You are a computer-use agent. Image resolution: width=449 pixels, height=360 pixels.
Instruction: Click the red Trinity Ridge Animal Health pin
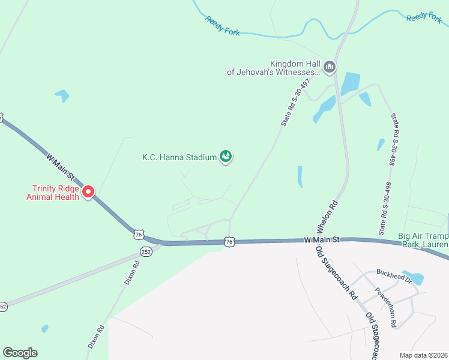point(88,192)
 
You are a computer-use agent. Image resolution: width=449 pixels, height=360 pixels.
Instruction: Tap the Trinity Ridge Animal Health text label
point(52,192)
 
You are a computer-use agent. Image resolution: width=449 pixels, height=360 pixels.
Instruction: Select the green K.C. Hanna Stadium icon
point(226,157)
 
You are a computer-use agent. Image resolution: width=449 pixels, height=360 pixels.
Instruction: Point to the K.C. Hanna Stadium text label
point(179,158)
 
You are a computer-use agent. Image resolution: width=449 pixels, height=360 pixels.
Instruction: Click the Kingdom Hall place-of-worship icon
point(329,67)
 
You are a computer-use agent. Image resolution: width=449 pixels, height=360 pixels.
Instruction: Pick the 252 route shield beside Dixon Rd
point(146,251)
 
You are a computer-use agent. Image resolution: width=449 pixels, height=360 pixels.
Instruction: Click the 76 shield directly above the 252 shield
point(139,234)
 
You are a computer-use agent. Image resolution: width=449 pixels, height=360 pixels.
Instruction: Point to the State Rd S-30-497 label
point(294,103)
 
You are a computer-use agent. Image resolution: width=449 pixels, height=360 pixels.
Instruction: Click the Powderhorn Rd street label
point(385,308)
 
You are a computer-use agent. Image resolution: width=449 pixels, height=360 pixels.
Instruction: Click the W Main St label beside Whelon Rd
point(321,239)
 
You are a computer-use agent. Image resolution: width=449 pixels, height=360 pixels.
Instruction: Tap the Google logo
point(20,353)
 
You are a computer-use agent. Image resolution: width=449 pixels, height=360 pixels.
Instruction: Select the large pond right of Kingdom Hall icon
point(350,84)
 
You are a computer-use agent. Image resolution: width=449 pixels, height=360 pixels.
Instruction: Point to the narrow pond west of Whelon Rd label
point(300,176)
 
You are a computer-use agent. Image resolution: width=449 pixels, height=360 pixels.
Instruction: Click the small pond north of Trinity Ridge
point(61,95)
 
